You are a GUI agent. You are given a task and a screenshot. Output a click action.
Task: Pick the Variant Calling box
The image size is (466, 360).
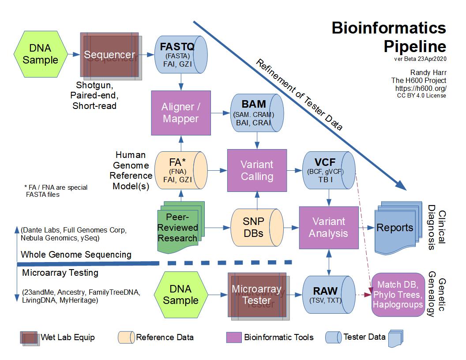[x=256, y=170]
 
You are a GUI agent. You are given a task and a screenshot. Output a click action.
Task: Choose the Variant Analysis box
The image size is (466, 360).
[x=328, y=227]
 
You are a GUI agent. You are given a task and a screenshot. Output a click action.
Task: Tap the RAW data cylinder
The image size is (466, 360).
[x=329, y=295]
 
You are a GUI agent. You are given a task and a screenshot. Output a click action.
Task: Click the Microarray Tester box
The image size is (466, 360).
[x=256, y=295]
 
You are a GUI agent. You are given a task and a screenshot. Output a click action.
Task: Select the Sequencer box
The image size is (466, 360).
[x=109, y=55]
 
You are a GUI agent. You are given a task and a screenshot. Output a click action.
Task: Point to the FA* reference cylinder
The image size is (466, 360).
[x=181, y=170]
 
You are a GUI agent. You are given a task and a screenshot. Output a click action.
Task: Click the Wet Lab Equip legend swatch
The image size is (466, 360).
[x=29, y=337]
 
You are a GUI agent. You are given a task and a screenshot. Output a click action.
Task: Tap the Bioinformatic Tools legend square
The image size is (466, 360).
[x=234, y=337]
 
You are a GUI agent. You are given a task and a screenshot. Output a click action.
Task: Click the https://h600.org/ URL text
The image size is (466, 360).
[x=421, y=88]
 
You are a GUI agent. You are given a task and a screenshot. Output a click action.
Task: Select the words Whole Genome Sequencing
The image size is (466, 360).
[x=76, y=255]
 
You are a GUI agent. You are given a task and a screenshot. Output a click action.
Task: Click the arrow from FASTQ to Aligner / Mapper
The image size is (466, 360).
[x=181, y=82]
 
